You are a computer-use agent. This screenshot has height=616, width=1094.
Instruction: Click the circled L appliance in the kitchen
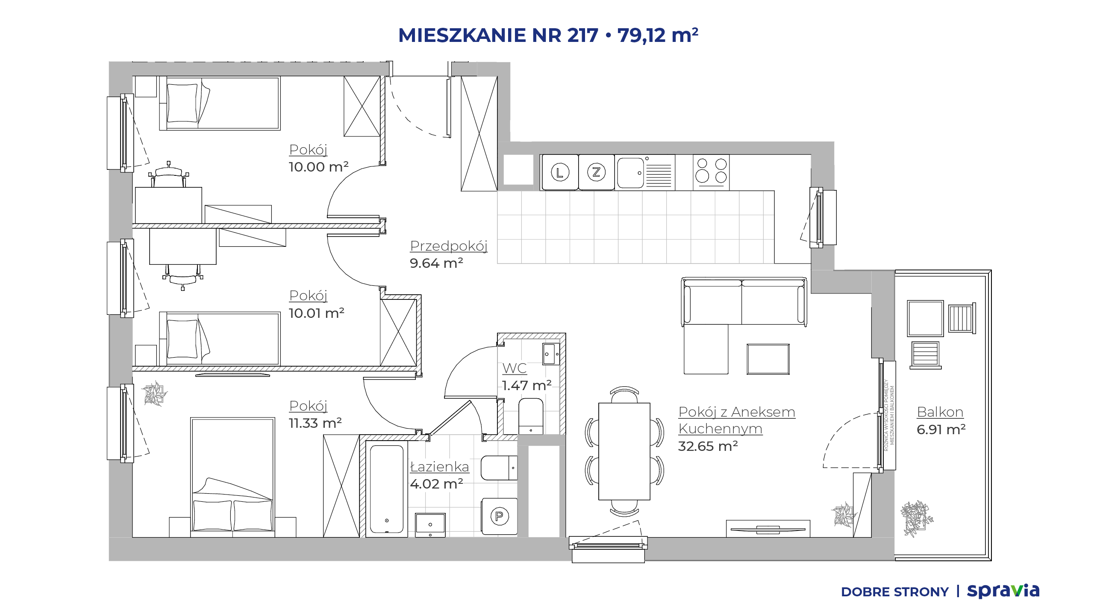point(560,172)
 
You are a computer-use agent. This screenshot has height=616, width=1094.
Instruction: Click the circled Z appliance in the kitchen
point(597,172)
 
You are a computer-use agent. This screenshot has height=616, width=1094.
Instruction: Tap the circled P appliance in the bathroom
point(499,516)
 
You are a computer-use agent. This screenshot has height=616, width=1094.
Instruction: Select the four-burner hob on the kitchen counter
point(711,172)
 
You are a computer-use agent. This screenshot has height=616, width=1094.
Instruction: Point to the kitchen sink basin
point(630,173)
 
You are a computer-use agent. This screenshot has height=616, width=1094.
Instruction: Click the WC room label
point(515,368)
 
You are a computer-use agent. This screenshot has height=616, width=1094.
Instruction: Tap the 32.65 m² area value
point(708,446)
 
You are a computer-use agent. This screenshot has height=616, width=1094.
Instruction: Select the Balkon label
point(940,412)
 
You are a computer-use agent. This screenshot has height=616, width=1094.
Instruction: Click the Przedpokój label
point(449,246)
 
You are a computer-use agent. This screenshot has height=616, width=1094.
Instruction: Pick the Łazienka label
point(439,467)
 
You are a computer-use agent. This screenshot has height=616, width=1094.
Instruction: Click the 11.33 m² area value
point(315,423)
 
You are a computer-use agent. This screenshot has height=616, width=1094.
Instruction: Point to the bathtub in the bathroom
point(387,489)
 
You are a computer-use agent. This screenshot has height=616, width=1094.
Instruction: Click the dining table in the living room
point(624,451)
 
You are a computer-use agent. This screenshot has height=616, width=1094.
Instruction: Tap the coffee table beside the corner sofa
point(768,359)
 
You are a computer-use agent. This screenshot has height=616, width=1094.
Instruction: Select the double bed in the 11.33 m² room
point(232,477)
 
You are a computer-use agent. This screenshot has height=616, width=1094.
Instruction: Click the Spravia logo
point(1003,591)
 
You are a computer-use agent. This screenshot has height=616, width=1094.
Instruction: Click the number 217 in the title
point(583,35)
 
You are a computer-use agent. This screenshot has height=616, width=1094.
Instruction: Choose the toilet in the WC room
point(531,416)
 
